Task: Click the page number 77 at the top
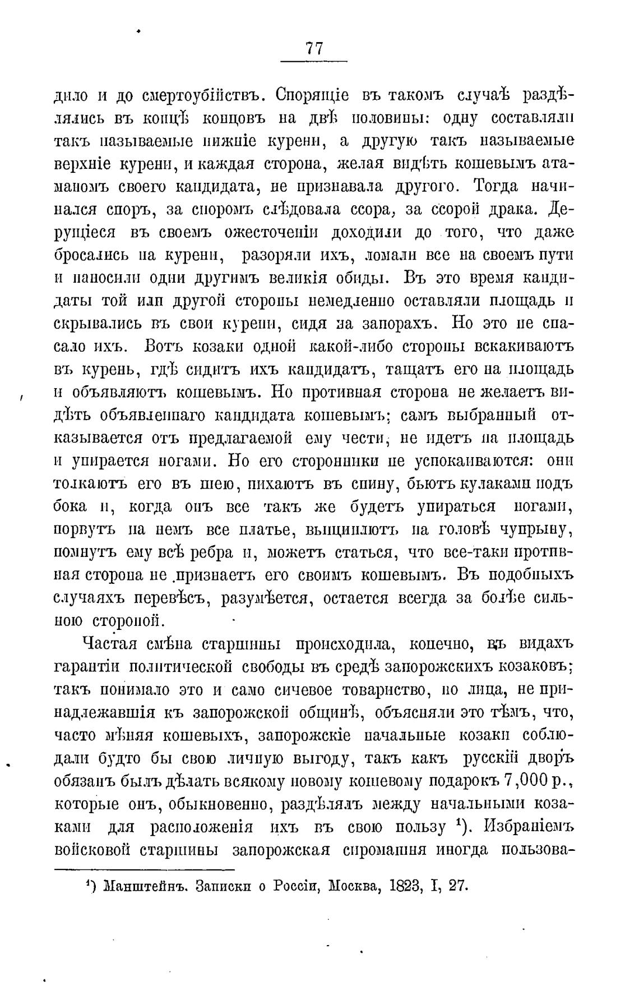tap(314, 48)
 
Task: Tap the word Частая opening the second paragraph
tap(113, 643)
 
